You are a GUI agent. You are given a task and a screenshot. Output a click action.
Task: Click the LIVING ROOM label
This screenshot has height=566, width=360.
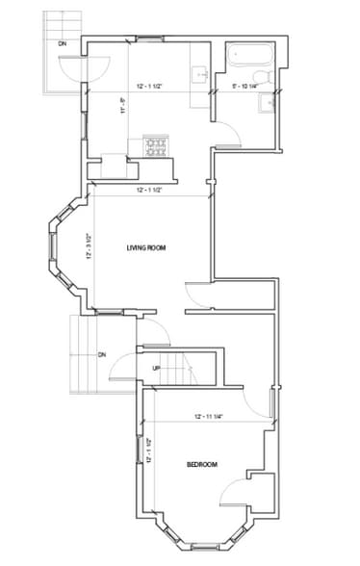pos(146,248)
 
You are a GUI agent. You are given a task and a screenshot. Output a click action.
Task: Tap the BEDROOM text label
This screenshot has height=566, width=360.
pos(201,465)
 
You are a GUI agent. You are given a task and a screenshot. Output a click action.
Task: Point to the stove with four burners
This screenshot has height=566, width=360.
pos(155,146)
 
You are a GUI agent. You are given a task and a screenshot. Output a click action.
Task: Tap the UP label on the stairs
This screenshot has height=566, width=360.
pos(156,368)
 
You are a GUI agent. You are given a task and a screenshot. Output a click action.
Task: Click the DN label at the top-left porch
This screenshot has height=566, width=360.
pos(63,44)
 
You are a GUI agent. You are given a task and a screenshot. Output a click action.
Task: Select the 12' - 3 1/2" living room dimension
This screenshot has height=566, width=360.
pos(88,245)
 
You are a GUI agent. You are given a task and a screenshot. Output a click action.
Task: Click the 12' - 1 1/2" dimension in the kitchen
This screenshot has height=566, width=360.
pos(155,87)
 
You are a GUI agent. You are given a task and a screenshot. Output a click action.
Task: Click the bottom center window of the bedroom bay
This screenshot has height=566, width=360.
pos(207,547)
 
